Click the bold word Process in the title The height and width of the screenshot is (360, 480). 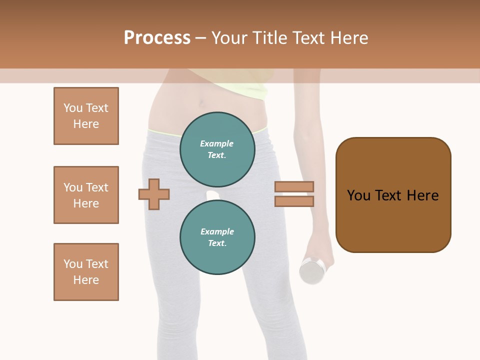157,38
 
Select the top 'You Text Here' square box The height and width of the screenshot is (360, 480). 86,116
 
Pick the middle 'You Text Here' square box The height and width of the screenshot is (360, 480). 86,195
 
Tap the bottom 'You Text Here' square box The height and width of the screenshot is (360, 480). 86,272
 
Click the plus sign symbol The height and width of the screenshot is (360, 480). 154,193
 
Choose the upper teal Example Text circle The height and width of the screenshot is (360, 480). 217,149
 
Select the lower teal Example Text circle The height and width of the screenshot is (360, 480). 217,237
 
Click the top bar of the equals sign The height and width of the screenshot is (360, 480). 294,186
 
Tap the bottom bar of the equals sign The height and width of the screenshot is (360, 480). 294,201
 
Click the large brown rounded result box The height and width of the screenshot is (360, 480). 393,195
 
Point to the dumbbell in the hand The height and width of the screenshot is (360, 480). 313,270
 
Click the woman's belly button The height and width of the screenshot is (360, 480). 201,104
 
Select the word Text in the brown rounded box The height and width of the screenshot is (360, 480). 389,195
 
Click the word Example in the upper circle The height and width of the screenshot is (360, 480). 217,143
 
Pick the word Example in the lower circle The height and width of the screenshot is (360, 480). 217,231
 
